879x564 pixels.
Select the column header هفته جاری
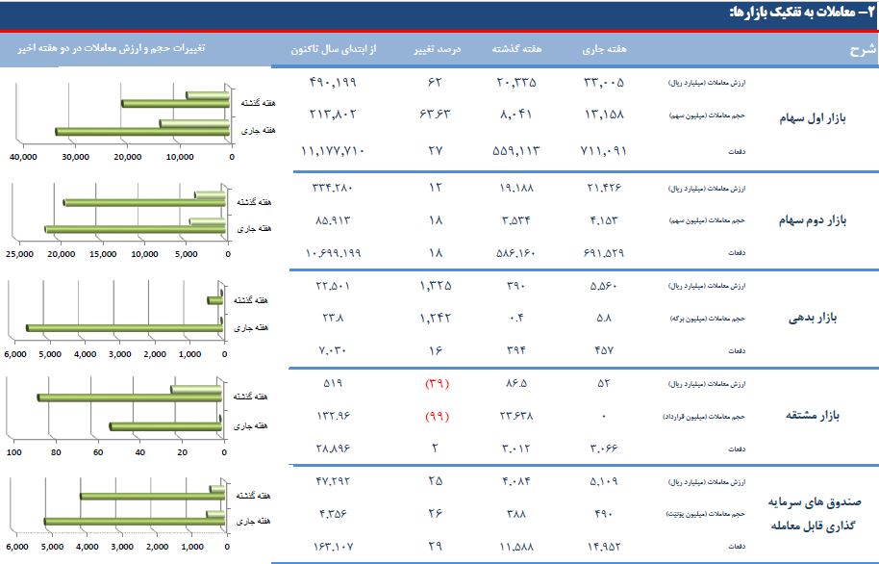tap(605, 48)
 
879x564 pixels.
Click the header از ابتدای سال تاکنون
tap(330, 48)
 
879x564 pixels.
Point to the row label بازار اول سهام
tap(814, 118)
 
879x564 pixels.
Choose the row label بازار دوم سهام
tap(813, 219)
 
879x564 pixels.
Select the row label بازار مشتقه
tap(814, 416)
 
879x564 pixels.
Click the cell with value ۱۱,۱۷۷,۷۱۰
tap(330, 151)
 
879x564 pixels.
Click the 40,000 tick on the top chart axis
tap(22, 156)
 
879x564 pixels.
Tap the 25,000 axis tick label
tap(20, 255)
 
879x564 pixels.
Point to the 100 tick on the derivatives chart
tap(14, 452)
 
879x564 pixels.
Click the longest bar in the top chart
tap(141, 131)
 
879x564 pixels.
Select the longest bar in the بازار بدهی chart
tap(124, 328)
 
